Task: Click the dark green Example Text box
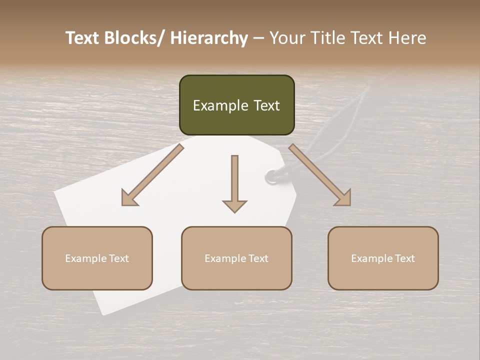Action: point(236,105)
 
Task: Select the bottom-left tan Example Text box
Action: point(97,258)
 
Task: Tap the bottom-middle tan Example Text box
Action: point(236,258)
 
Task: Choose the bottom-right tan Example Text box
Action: point(383,258)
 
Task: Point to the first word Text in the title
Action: point(84,38)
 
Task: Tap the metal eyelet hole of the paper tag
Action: point(270,175)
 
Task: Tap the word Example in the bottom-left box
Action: point(85,258)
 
